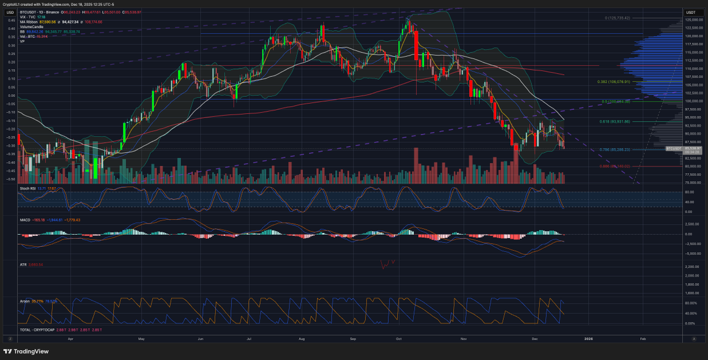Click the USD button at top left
pyautogui.click(x=10, y=12)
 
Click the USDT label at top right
pyautogui.click(x=690, y=12)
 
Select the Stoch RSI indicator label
pyautogui.click(x=29, y=188)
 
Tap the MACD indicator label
pyautogui.click(x=25, y=220)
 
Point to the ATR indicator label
pyautogui.click(x=24, y=264)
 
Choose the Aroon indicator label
pyautogui.click(x=25, y=301)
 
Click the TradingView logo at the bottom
pyautogui.click(x=26, y=351)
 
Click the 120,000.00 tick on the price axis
pyautogui.click(x=693, y=36)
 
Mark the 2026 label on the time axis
pyautogui.click(x=588, y=339)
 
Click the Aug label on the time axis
pyautogui.click(x=302, y=339)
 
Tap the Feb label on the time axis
pyautogui.click(x=643, y=339)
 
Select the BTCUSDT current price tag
pyautogui.click(x=674, y=149)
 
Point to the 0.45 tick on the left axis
pyautogui.click(x=11, y=19)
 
